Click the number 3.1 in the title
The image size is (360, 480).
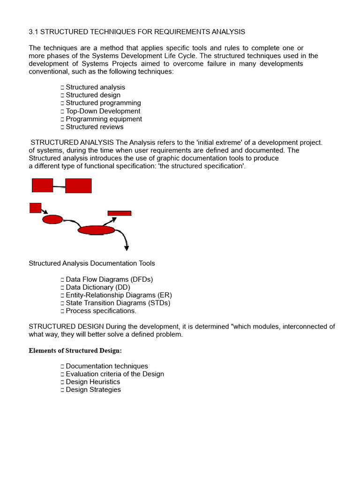[34, 32]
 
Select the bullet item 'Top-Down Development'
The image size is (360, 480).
[103, 111]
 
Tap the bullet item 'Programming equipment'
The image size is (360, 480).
[104, 119]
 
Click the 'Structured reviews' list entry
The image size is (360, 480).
[95, 127]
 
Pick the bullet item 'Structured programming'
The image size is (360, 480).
[103, 103]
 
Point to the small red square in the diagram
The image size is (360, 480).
[35, 208]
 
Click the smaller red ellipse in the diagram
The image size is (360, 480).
[52, 219]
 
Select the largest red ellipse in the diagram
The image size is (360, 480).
[96, 230]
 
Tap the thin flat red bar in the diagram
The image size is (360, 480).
[120, 213]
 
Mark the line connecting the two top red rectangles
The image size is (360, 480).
[59, 187]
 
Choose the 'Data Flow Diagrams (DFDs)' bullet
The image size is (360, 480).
[109, 279]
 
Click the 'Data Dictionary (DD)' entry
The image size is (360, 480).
[98, 287]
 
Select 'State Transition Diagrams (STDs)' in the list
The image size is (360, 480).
[118, 303]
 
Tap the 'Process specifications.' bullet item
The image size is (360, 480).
[101, 311]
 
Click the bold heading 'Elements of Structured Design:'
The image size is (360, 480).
[75, 351]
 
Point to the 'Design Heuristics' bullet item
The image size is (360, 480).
[93, 382]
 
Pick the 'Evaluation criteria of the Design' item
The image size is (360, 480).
[115, 374]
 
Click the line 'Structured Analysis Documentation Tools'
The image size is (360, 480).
[92, 263]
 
